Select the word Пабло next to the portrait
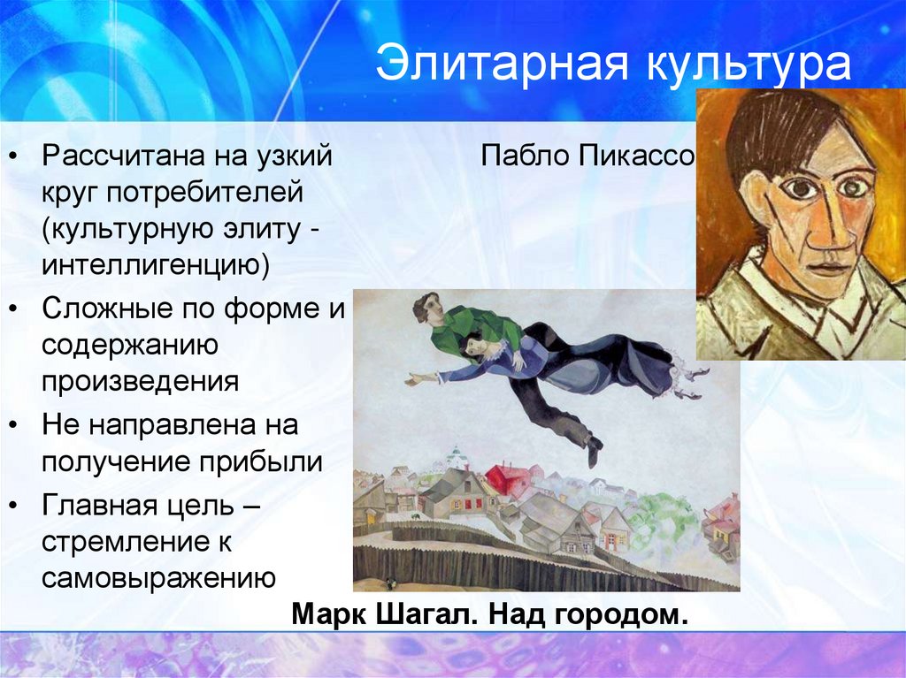[526, 157]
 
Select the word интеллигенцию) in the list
[155, 264]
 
